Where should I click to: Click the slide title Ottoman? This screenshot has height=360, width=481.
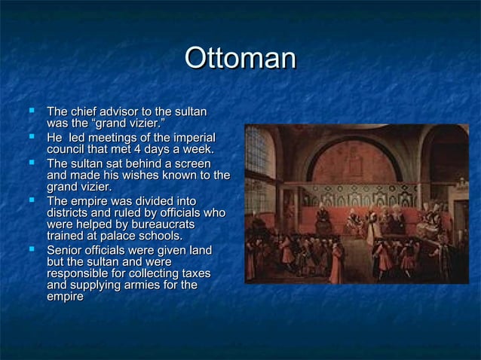coord(240,59)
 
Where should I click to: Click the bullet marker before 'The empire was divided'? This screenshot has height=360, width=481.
coord(31,201)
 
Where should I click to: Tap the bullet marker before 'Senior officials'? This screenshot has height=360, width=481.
coord(31,249)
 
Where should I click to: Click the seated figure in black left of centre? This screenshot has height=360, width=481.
coord(323,219)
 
